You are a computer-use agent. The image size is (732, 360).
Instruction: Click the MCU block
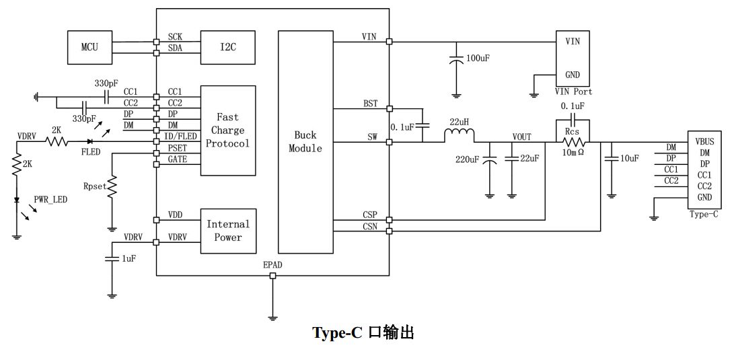click(x=89, y=47)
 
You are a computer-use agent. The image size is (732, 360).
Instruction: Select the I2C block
click(x=228, y=47)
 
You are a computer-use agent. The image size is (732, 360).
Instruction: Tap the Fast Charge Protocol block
click(x=227, y=131)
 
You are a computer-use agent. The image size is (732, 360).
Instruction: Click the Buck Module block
click(x=305, y=142)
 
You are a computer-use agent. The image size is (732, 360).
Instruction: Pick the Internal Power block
click(x=228, y=231)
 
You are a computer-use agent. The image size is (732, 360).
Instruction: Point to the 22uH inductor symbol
click(x=459, y=137)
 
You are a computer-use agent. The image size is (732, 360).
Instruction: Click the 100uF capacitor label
click(x=478, y=59)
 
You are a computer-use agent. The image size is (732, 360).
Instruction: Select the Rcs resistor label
click(x=573, y=133)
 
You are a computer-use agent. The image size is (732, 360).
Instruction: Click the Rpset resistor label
click(x=96, y=186)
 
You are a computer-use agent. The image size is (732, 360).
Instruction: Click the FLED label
click(x=91, y=152)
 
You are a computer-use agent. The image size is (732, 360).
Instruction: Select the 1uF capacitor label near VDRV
click(x=129, y=258)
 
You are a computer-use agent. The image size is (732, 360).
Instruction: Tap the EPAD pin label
click(x=272, y=265)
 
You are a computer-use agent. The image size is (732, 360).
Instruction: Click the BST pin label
click(x=370, y=104)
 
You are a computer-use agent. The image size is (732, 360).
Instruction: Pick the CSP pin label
click(x=370, y=215)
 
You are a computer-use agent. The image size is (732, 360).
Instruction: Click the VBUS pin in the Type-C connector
click(x=705, y=142)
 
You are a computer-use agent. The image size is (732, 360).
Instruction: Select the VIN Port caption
click(x=573, y=92)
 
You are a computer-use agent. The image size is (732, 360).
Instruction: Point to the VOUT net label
click(x=522, y=137)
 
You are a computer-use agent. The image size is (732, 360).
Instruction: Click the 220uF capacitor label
click(x=467, y=159)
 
